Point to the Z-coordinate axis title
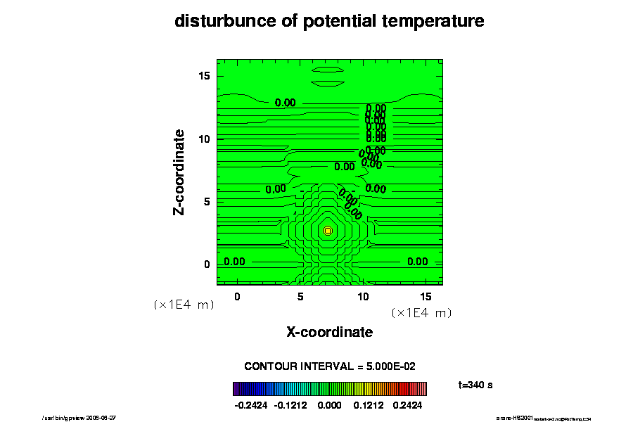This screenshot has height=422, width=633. click(180, 172)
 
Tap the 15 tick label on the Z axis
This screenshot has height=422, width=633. click(204, 76)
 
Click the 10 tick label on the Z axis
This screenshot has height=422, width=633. click(204, 139)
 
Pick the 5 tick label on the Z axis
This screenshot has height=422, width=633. click(207, 202)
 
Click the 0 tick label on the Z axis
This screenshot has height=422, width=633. click(207, 264)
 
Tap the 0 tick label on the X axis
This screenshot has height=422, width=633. click(237, 297)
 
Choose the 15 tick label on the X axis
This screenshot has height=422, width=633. click(426, 297)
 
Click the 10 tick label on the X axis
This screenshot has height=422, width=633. click(363, 297)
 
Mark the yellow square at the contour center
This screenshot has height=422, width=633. click(328, 231)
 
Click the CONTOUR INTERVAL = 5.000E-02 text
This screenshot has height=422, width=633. click(330, 366)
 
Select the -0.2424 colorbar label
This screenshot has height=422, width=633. click(251, 406)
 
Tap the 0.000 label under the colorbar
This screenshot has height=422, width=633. click(329, 406)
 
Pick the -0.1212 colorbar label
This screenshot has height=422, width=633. click(291, 406)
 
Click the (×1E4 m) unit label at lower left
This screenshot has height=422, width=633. click(184, 305)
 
